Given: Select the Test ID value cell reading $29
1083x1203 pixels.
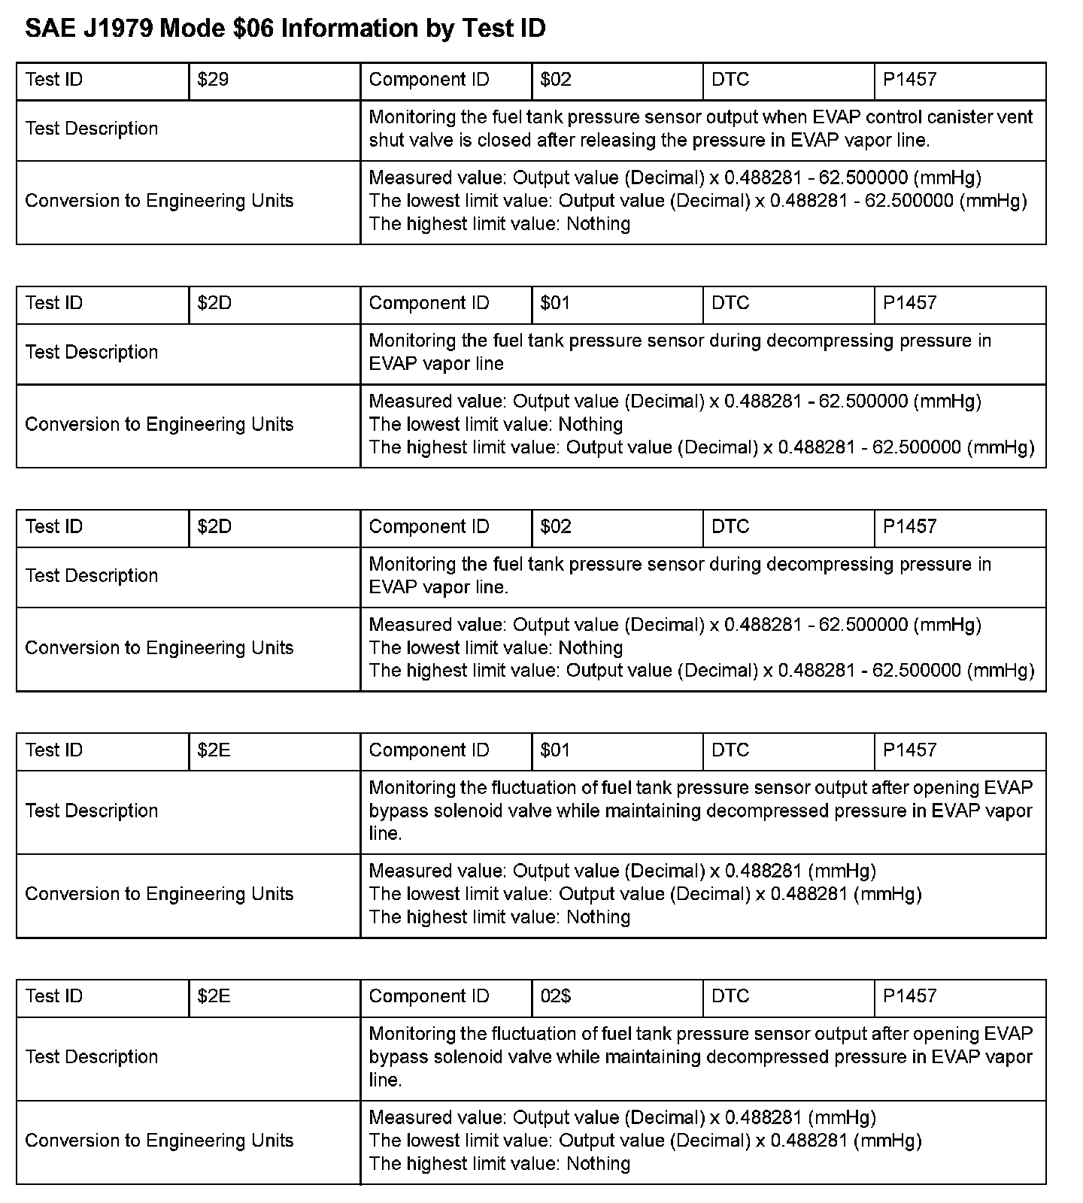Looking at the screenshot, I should (x=213, y=80).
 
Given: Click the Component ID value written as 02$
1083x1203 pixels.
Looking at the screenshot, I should (x=556, y=996).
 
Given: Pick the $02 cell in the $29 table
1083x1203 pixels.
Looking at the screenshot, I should (x=556, y=80).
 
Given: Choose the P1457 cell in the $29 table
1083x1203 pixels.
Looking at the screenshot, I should (x=909, y=80).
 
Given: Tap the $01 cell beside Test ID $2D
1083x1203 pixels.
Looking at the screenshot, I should (x=555, y=303).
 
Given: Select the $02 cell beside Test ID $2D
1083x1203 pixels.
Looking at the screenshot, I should (x=556, y=526).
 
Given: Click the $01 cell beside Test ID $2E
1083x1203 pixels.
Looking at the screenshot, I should (x=555, y=750).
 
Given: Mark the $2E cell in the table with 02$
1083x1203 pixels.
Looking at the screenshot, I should (x=214, y=996).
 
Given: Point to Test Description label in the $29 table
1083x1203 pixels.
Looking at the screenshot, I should (x=92, y=129).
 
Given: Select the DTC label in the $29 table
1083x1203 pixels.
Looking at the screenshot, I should (x=730, y=80).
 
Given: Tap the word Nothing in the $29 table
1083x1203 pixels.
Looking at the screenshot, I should (x=598, y=224).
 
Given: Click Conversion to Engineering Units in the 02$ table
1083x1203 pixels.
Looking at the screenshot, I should (x=159, y=1141).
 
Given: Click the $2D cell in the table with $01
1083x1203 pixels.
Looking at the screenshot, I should (x=214, y=303).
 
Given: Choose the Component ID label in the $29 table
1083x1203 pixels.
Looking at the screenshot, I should (x=429, y=80).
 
